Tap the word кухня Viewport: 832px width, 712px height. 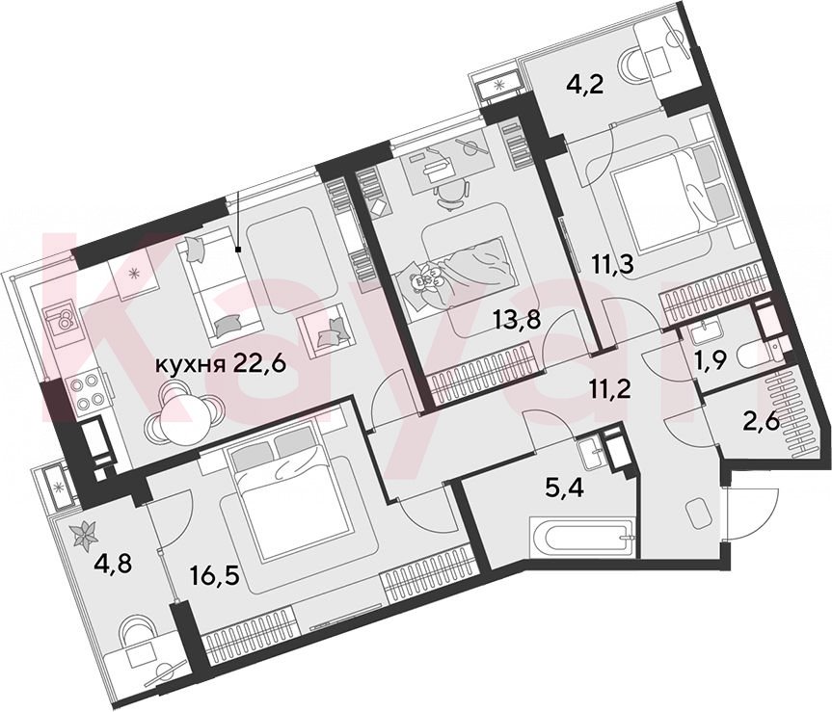click(x=190, y=365)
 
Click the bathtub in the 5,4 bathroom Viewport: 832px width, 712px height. click(x=582, y=538)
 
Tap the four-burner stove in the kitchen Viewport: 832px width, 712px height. click(x=88, y=391)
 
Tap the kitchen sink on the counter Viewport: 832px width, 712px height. click(x=64, y=320)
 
